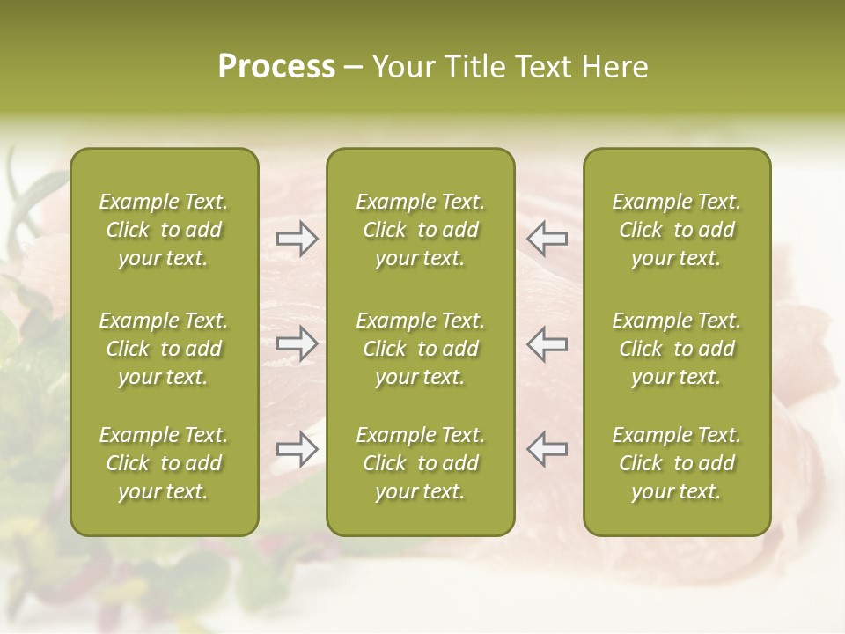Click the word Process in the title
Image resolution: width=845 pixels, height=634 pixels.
[276, 67]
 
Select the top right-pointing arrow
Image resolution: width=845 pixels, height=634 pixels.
[297, 239]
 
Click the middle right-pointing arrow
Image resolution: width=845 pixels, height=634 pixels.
[297, 343]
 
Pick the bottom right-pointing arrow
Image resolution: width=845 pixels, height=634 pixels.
[297, 449]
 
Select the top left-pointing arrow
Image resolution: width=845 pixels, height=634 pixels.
[547, 239]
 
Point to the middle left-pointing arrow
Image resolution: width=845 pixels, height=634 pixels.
[547, 343]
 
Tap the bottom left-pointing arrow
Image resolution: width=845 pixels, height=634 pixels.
[547, 449]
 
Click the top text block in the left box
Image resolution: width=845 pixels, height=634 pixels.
[164, 230]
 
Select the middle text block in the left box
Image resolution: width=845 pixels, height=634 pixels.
[164, 349]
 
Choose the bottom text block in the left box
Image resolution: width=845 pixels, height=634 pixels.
[164, 463]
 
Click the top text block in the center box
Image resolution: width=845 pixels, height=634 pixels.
[420, 230]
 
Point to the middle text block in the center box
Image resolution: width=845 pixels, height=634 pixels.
[420, 349]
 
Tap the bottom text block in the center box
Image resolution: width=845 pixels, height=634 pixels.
[420, 463]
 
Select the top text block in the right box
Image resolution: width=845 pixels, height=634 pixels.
[677, 230]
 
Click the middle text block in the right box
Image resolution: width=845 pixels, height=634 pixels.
[677, 349]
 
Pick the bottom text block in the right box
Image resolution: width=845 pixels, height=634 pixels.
[677, 463]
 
